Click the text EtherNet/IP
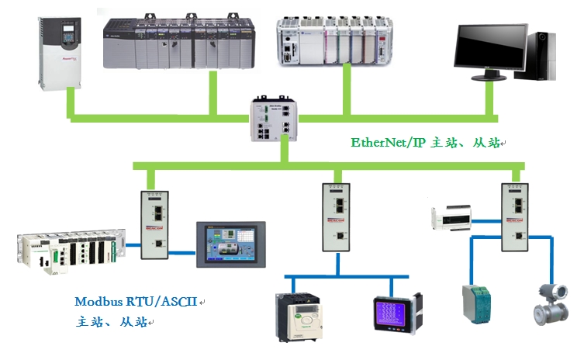click(x=389, y=143)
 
